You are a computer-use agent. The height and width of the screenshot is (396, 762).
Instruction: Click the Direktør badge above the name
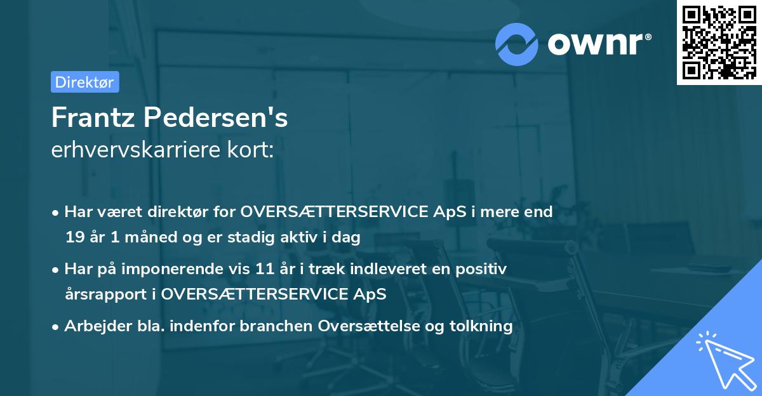tap(84, 82)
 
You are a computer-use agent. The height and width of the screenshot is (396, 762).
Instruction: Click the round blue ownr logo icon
tap(517, 44)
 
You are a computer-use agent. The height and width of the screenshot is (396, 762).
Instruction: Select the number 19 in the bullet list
tap(74, 238)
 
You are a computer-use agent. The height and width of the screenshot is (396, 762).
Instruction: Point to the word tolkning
tap(481, 326)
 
